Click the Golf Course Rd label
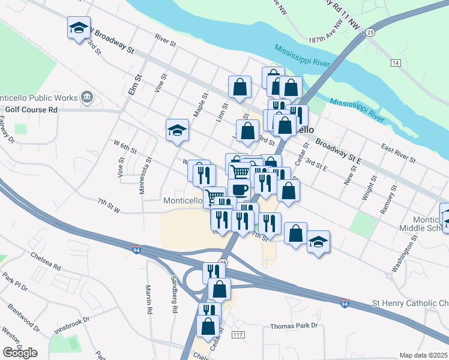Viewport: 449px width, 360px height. [x=31, y=110]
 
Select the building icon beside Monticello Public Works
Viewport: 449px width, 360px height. [x=87, y=97]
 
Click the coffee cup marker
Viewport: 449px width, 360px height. [x=239, y=190]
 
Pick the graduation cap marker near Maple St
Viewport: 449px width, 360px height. [x=178, y=130]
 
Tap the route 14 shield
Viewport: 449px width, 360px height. [x=395, y=62]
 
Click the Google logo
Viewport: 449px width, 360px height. [x=20, y=352]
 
